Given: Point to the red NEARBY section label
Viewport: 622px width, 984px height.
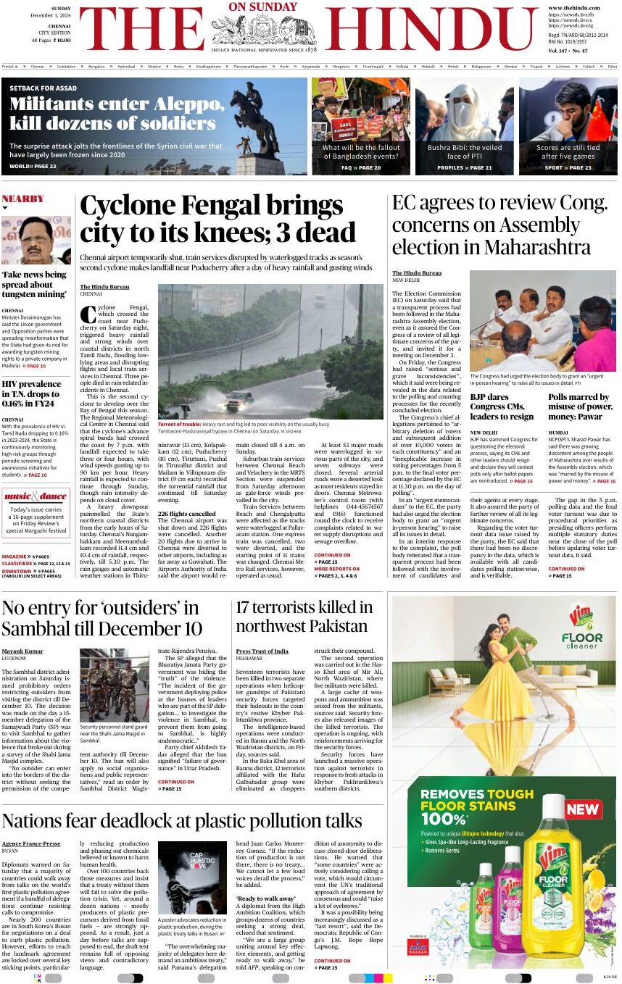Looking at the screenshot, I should (23, 199).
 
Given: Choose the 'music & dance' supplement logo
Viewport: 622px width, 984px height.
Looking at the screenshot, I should (36, 496).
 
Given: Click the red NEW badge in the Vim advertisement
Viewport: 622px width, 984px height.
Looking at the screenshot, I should (583, 809).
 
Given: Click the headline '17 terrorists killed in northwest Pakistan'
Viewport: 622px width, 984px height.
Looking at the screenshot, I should (304, 616).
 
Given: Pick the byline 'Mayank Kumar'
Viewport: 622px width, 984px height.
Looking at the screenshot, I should (22, 651).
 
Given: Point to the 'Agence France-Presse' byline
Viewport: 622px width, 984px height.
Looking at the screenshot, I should (31, 843).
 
